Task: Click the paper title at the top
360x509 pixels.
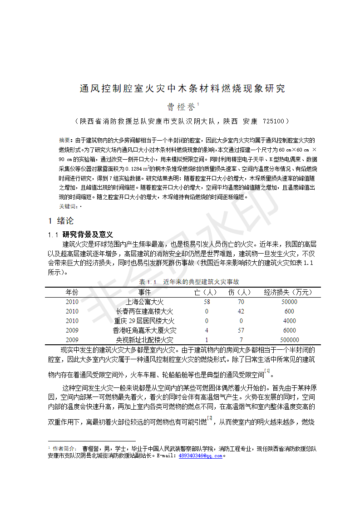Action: coord(182,88)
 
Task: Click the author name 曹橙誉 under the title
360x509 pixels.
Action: coord(181,107)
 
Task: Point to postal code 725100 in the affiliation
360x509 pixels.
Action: coord(274,122)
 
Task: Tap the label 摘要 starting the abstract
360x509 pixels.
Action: coord(65,140)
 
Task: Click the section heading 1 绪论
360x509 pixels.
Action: coord(61,221)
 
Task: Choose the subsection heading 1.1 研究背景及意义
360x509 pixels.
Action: coord(80,235)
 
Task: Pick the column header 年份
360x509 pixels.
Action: coord(72,292)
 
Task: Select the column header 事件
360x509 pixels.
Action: coord(144,292)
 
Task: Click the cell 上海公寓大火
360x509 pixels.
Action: coord(144,302)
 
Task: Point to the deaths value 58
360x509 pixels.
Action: coord(207,302)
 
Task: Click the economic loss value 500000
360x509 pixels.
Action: coord(289,340)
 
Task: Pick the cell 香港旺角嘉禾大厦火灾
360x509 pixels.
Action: coord(144,330)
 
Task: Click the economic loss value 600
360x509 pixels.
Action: coord(289,311)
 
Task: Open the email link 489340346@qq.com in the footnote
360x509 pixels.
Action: coord(200,455)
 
